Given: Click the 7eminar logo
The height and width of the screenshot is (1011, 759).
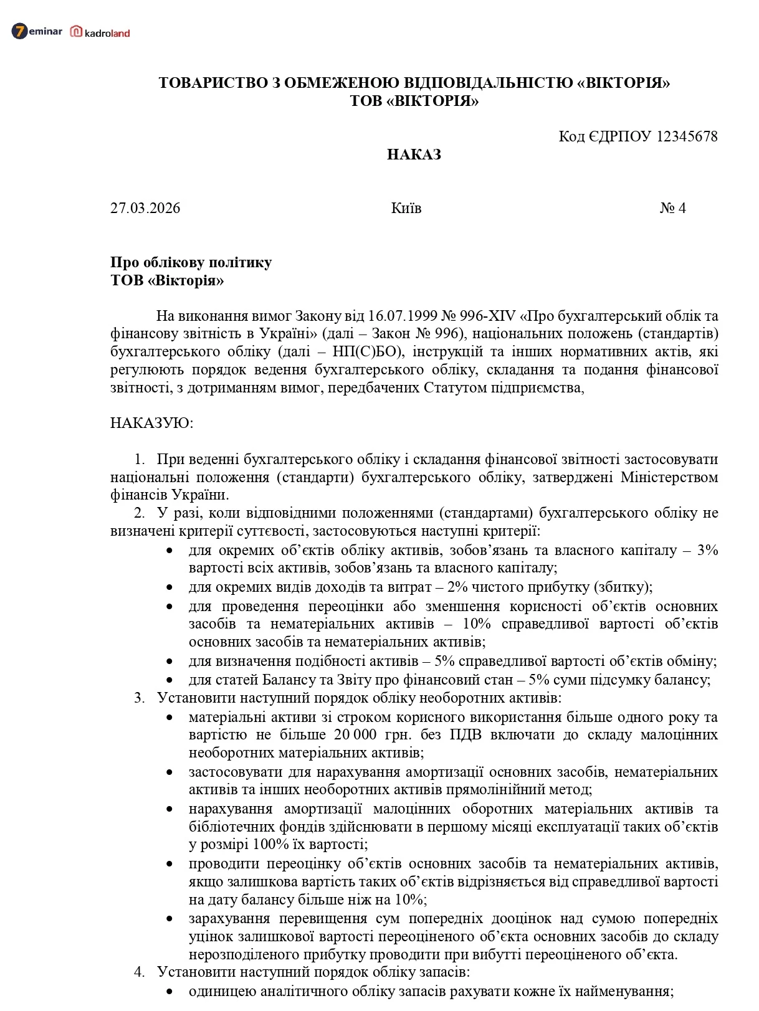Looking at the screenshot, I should [37, 31].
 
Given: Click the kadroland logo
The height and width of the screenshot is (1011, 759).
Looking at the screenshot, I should [100, 32].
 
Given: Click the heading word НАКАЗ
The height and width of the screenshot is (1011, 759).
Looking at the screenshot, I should [414, 154].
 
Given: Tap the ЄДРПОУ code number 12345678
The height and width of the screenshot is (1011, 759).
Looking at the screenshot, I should [687, 136].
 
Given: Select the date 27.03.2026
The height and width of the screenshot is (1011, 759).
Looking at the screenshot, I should [145, 208].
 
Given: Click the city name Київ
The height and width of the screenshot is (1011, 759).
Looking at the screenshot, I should [406, 208].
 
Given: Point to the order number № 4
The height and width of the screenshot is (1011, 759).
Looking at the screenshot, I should [672, 208].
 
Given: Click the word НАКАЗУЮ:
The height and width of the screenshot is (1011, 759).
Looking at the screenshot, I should [152, 424].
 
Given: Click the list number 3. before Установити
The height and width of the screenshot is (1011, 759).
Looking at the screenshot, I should [139, 698].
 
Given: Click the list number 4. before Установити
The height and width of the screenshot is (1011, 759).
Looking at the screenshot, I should [139, 972].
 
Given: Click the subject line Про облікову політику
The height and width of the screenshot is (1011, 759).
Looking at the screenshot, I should [191, 262].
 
